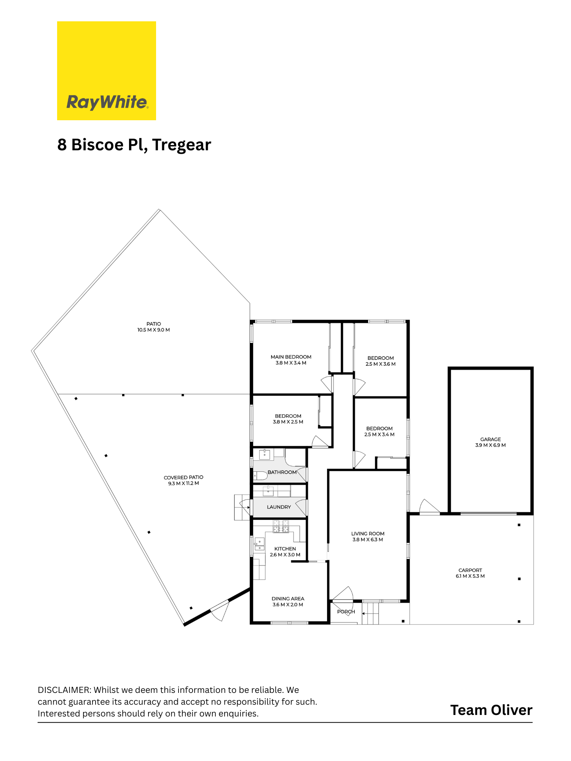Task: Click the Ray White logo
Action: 107,71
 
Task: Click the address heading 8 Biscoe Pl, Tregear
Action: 134,145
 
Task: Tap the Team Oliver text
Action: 491,710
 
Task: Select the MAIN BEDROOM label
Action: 291,357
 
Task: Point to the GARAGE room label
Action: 490,439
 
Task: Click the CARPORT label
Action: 470,570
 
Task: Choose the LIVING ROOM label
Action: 368,533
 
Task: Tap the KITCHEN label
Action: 285,549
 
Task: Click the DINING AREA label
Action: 288,599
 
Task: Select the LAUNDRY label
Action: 279,507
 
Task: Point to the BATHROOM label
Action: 282,472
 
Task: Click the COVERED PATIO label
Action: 183,477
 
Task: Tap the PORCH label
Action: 346,611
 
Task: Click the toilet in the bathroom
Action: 260,476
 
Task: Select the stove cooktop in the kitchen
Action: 281,527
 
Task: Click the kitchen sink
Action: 259,544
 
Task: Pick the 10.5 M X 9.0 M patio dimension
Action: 154,330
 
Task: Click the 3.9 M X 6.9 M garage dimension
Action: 490,445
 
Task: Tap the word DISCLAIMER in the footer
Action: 64,690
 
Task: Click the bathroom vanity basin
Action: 265,454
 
